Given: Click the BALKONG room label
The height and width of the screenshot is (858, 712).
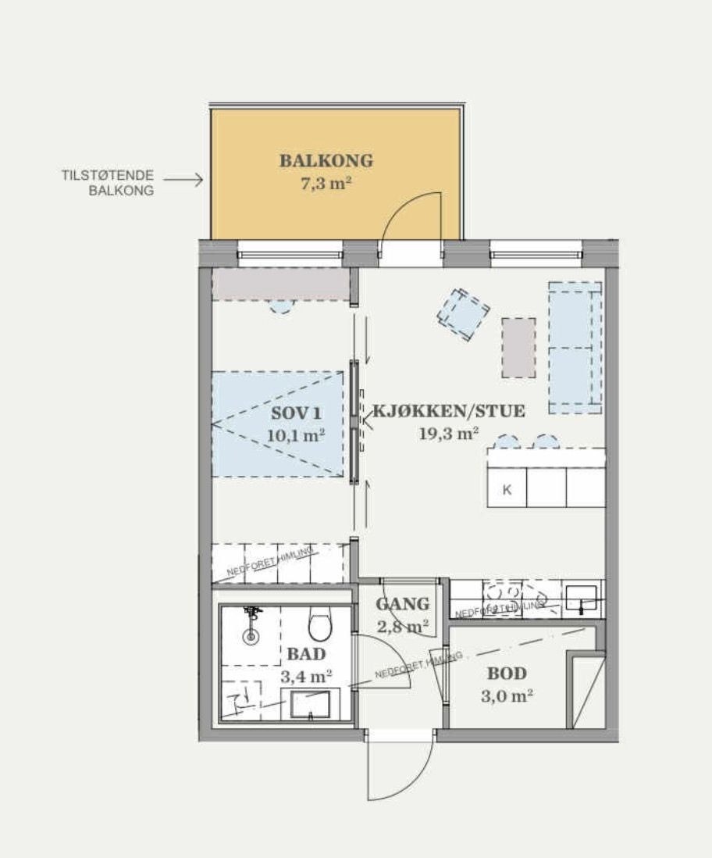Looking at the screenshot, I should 326,161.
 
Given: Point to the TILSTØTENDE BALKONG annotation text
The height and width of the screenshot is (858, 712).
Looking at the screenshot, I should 108,182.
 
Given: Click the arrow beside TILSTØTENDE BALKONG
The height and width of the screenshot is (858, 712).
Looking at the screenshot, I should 183,180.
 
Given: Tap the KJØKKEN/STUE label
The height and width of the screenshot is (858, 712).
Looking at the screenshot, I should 449,411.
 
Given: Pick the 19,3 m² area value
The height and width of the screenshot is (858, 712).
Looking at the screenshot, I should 449,434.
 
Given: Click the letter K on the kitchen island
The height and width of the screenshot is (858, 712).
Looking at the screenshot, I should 507,491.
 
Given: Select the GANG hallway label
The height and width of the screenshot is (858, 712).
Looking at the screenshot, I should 403,604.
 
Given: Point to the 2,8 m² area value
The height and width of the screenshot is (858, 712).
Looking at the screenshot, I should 403,626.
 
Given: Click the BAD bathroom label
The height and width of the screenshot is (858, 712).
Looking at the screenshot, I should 306,654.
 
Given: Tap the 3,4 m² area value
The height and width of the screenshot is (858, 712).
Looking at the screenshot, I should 307,677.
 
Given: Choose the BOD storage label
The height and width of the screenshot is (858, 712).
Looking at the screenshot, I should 507,674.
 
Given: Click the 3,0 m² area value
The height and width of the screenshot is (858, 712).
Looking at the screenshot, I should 507,695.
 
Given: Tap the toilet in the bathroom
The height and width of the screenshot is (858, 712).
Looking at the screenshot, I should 319,624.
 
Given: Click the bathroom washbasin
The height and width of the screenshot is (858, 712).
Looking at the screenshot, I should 311,703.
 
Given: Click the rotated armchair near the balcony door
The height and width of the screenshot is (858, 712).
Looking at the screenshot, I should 463,314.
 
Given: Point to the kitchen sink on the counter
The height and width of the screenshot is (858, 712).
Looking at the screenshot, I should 581,598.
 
